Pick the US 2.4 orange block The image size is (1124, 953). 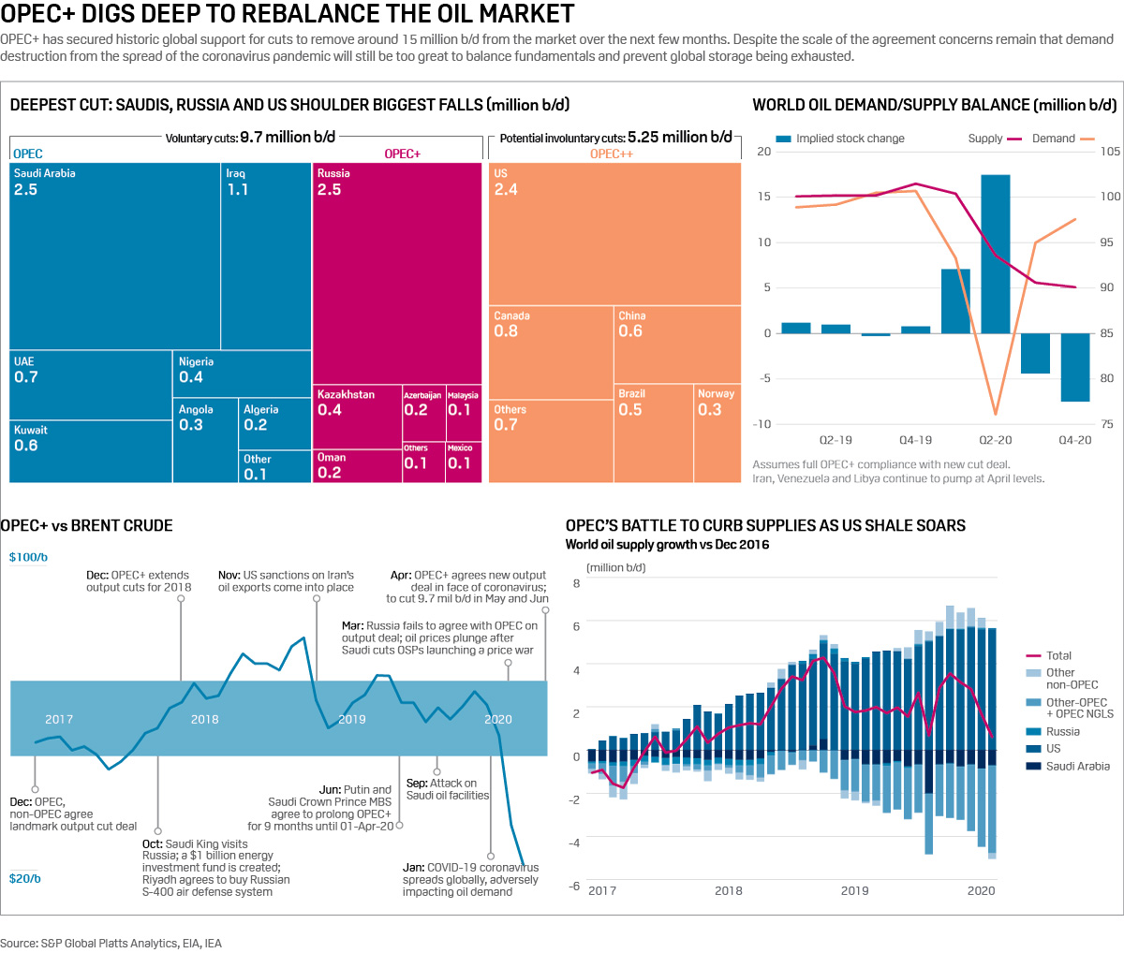(x=614, y=234)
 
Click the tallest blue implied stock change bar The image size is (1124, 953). (x=995, y=253)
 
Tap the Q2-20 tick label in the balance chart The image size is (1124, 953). (x=995, y=440)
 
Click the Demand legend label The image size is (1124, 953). (x=1053, y=139)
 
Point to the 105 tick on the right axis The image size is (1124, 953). (x=1110, y=152)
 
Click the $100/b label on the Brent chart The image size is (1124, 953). (x=28, y=557)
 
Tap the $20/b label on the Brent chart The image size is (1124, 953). (x=25, y=878)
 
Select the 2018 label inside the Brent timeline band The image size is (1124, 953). (x=204, y=719)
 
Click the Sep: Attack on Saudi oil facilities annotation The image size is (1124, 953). (x=448, y=789)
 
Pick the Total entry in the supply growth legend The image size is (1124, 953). (x=1058, y=656)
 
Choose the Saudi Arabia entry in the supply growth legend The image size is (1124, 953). (x=1077, y=766)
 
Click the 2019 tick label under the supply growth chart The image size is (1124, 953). (x=854, y=890)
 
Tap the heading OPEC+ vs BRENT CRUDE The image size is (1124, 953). (x=87, y=526)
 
